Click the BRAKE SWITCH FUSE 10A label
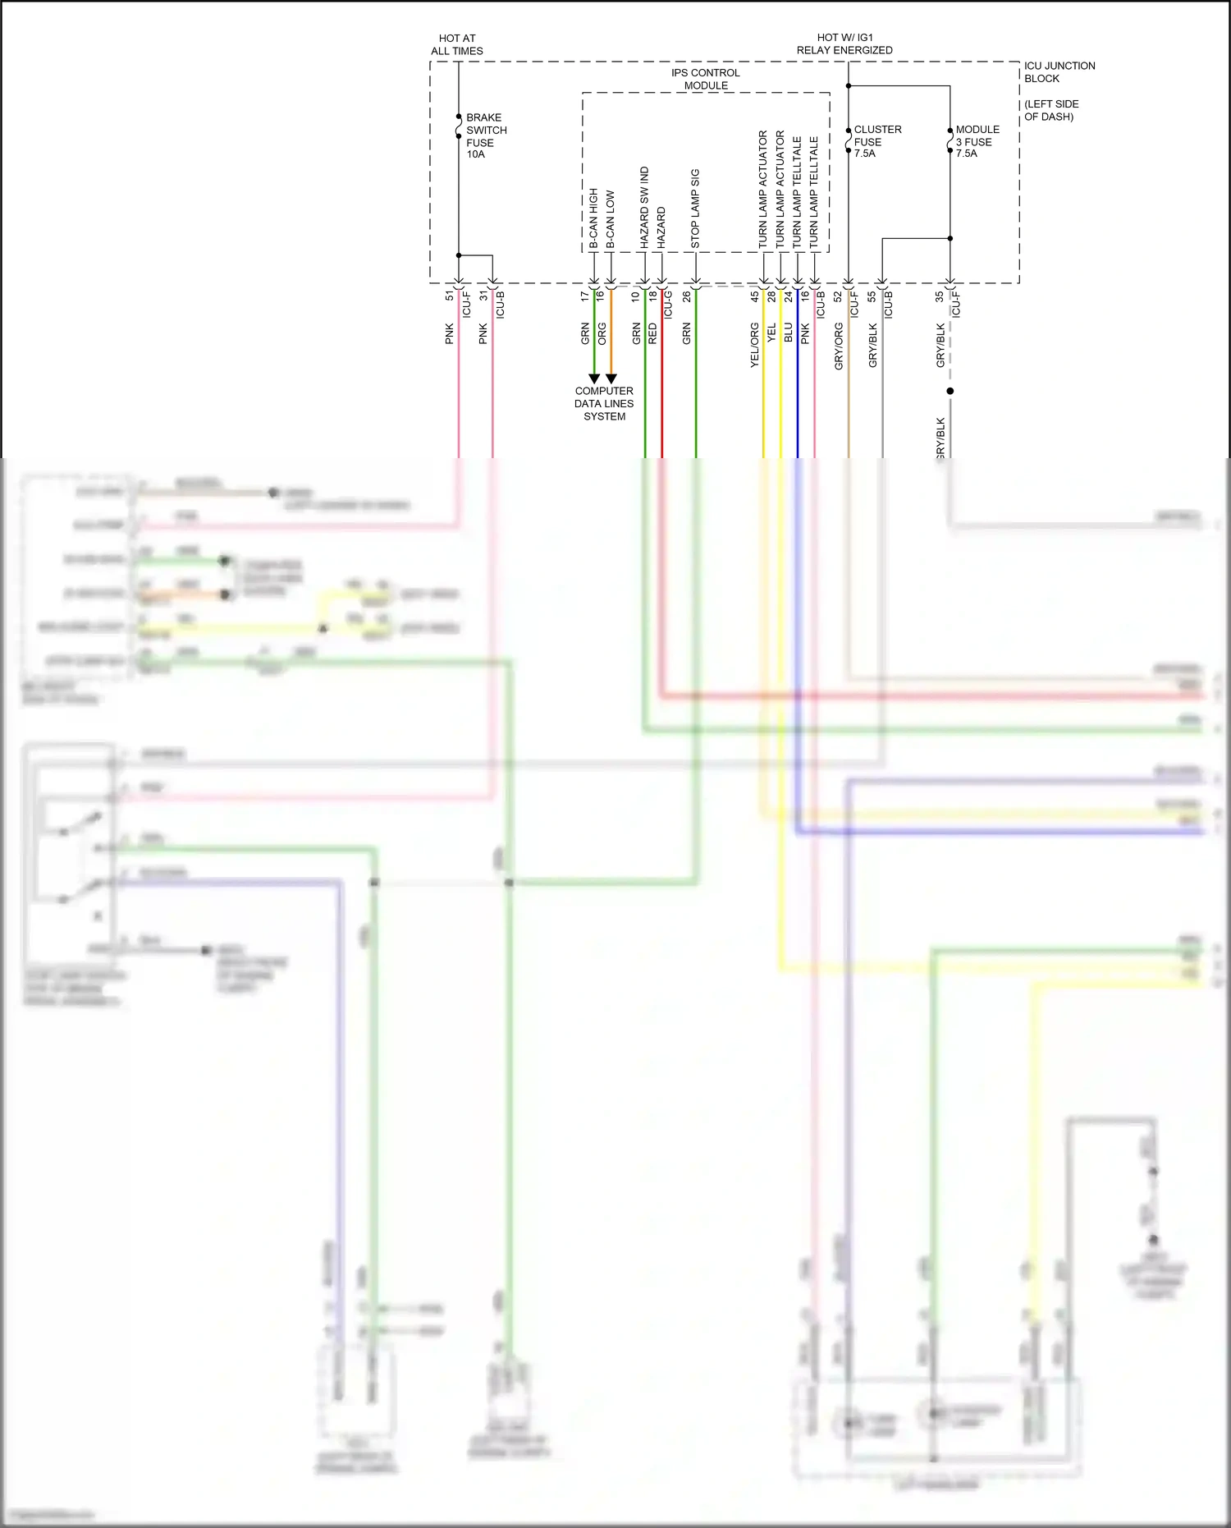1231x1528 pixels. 486,135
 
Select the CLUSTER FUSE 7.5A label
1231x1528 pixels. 876,141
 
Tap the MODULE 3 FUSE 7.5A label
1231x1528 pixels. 977,141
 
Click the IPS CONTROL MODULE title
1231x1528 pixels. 706,79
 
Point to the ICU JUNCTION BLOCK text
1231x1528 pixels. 1059,72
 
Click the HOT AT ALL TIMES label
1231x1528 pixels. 457,44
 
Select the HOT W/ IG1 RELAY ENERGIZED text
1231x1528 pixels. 844,44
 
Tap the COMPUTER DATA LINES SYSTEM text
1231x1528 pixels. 604,403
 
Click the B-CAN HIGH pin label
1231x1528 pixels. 593,218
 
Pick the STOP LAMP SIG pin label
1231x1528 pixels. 695,209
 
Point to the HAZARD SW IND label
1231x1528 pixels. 644,208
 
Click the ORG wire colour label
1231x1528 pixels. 602,333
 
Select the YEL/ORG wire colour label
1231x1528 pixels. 754,344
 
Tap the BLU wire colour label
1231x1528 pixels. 788,333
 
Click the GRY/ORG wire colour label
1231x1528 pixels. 839,346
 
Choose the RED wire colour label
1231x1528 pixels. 652,333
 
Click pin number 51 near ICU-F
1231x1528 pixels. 449,296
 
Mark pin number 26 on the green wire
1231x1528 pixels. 686,296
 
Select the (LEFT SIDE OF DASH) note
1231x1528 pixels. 1051,110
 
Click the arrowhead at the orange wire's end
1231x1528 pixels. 611,379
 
